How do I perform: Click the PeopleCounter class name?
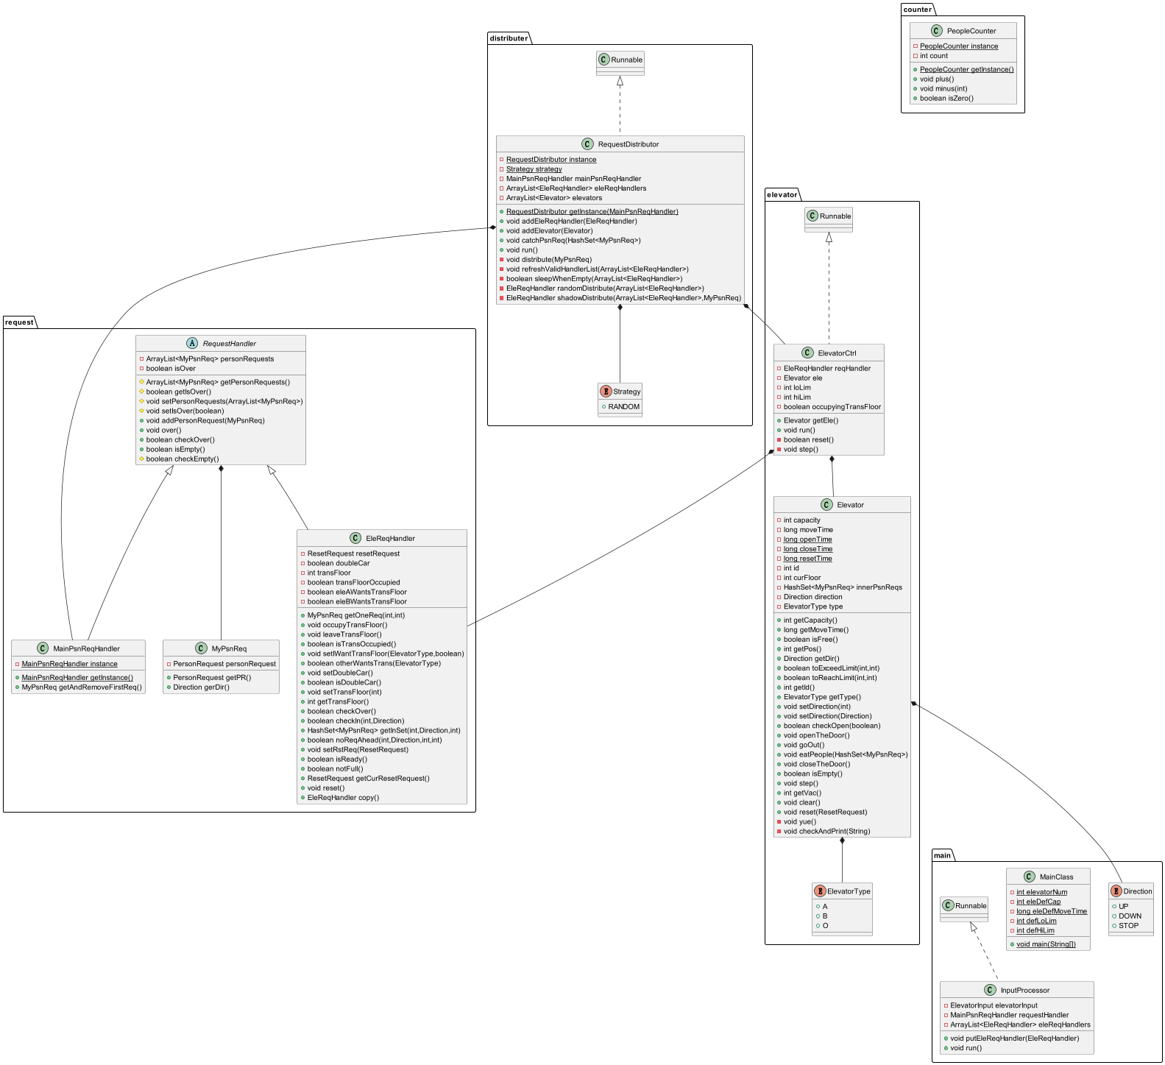pyautogui.click(x=971, y=31)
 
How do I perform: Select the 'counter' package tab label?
pyautogui.click(x=917, y=10)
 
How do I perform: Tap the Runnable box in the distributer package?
pyautogui.click(x=620, y=63)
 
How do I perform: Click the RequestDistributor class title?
pyautogui.click(x=628, y=144)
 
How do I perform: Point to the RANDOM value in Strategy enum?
pyautogui.click(x=624, y=406)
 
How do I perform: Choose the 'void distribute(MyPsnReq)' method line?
pyautogui.click(x=549, y=259)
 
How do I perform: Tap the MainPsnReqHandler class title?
pyautogui.click(x=86, y=648)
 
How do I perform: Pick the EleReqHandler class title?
pyautogui.click(x=390, y=538)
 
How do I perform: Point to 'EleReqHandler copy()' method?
pyautogui.click(x=343, y=797)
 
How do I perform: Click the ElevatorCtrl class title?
pyautogui.click(x=837, y=353)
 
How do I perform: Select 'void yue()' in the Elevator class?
pyautogui.click(x=800, y=821)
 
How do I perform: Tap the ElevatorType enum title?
pyautogui.click(x=849, y=891)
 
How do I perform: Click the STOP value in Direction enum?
pyautogui.click(x=1128, y=925)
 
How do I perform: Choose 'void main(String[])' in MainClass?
pyautogui.click(x=1046, y=944)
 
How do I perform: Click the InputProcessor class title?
pyautogui.click(x=1024, y=990)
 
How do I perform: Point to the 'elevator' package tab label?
pyautogui.click(x=782, y=195)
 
